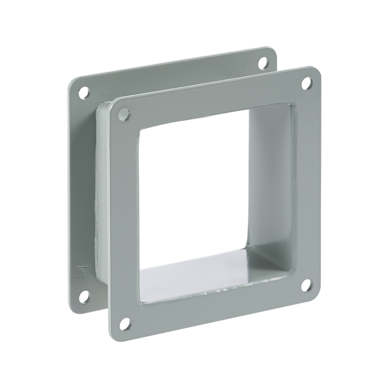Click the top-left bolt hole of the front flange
point(124,114)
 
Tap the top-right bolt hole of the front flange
point(307,83)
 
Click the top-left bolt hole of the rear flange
point(83,93)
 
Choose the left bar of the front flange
point(124,217)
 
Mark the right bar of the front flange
point(307,183)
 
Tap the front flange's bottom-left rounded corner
point(113,335)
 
